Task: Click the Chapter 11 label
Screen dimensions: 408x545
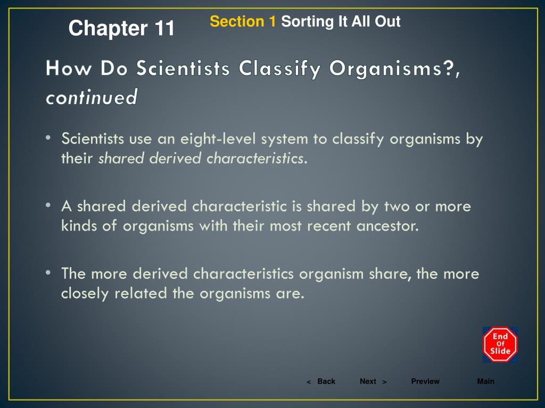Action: coord(121,28)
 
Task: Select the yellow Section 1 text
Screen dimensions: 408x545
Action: coord(243,22)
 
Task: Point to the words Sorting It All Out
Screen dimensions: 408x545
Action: coord(341,22)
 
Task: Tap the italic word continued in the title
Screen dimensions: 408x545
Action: coord(92,97)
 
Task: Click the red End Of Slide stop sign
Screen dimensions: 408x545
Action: coord(500,344)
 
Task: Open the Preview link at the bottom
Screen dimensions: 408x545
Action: coord(425,381)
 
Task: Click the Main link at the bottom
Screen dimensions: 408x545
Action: coord(485,381)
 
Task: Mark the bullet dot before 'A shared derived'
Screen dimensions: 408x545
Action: coord(48,206)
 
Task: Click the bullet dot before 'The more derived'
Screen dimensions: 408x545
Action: coord(48,273)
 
